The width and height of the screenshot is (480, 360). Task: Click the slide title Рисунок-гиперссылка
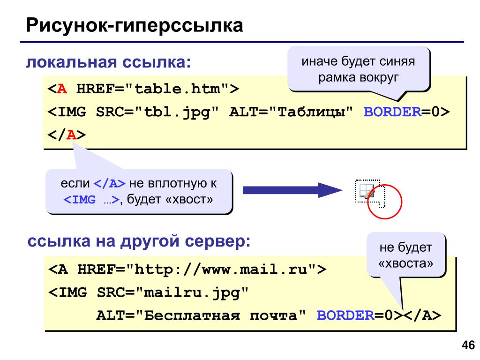tap(135, 25)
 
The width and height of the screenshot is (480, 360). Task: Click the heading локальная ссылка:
tap(108, 62)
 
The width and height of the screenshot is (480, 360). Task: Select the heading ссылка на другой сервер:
tap(139, 241)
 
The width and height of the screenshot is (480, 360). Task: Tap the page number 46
tap(468, 345)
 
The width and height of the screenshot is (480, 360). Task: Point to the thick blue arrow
tap(292, 190)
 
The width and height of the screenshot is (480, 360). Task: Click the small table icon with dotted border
tap(367, 192)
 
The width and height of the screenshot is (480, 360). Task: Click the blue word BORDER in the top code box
tap(392, 112)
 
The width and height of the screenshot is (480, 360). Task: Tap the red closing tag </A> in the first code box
tap(67, 135)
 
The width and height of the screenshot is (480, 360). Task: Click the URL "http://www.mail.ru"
tap(221, 270)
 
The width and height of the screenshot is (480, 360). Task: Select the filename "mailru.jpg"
tap(192, 293)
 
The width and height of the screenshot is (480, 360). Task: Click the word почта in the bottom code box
tap(273, 315)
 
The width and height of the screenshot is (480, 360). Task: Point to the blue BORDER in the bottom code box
tap(345, 315)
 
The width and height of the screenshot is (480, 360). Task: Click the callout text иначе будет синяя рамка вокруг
tap(358, 69)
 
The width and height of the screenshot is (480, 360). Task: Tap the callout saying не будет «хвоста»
tap(406, 255)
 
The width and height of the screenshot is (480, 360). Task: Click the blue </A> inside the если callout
tap(109, 183)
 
